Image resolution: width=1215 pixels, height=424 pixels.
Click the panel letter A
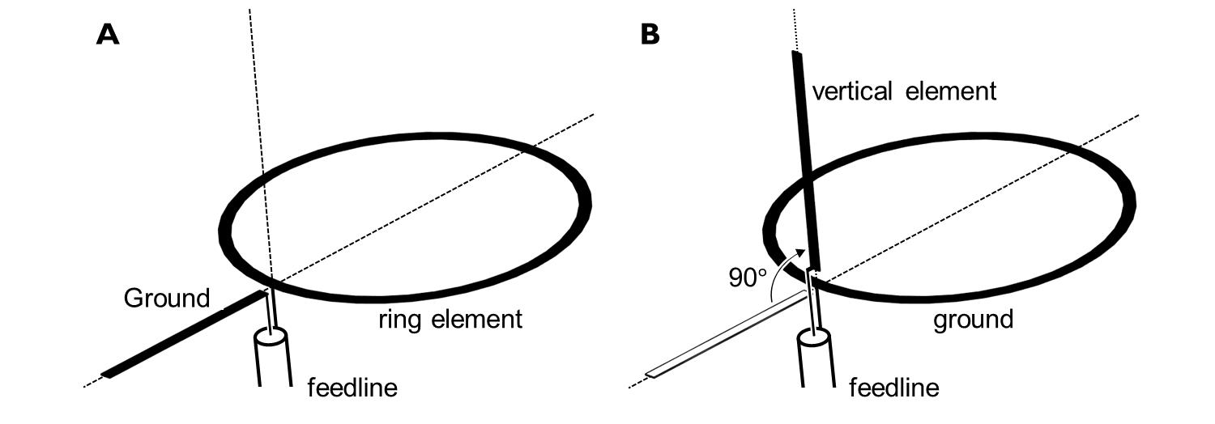[108, 34]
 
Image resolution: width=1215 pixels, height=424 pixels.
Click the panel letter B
[650, 34]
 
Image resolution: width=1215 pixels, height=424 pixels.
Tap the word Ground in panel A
[167, 299]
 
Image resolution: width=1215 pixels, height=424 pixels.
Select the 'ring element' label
[450, 320]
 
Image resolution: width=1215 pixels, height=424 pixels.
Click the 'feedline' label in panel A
[352, 388]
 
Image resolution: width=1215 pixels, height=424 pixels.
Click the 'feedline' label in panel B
[894, 388]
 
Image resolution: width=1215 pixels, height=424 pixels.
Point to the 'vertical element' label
[904, 91]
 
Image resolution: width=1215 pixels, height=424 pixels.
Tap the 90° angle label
[747, 278]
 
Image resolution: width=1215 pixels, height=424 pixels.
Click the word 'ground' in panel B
[973, 320]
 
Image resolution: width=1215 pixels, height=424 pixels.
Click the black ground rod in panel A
[186, 333]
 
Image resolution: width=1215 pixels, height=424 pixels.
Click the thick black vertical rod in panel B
[805, 162]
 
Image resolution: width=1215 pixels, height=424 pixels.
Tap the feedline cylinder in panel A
[273, 356]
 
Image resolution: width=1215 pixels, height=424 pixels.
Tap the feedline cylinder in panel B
[815, 356]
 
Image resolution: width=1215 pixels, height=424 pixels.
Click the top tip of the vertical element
[796, 54]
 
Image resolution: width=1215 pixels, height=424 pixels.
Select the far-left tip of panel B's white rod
[649, 375]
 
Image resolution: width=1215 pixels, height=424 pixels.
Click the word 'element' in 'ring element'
[477, 320]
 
